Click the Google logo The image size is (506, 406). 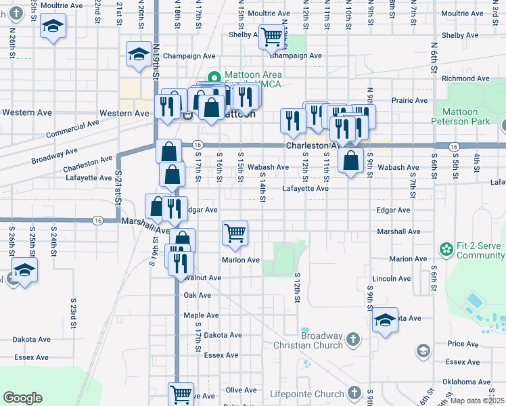(22, 398)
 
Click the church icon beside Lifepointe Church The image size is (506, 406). (353, 393)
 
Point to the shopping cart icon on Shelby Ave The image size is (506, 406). (271, 37)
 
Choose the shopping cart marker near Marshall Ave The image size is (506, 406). (235, 233)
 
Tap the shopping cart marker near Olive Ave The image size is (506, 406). (181, 393)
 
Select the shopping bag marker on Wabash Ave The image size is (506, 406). (350, 160)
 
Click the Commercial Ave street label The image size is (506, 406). (72, 129)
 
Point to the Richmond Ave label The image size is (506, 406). (460, 78)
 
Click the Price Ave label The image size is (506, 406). (463, 344)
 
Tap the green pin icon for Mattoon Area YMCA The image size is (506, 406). (214, 76)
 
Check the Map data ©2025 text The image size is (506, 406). (477, 401)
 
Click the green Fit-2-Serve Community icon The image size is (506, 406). (446, 250)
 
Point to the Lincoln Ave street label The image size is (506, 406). (392, 278)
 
